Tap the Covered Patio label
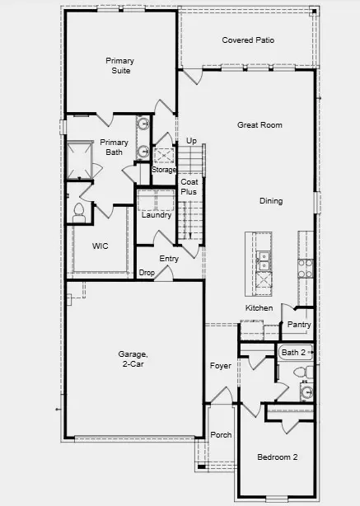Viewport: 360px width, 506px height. coord(248,40)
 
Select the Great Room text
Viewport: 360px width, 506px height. coord(259,125)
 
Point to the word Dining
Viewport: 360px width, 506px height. coord(270,201)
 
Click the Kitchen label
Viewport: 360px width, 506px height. coord(259,308)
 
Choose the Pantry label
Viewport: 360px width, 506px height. coord(298,325)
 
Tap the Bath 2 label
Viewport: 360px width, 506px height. coord(292,353)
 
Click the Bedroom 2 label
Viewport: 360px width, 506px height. coord(277,457)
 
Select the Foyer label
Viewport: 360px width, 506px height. coord(220,365)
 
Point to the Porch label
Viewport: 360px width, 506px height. coord(221,435)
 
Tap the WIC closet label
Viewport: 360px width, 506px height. coord(101,246)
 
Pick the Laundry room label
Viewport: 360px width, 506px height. coord(157,216)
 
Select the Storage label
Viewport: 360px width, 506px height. coord(163,170)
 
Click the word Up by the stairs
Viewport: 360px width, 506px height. coord(191,141)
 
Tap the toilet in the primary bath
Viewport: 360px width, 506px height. coord(80,212)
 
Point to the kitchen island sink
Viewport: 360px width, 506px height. coord(264,262)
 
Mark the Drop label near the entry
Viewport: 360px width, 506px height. coord(147,272)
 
